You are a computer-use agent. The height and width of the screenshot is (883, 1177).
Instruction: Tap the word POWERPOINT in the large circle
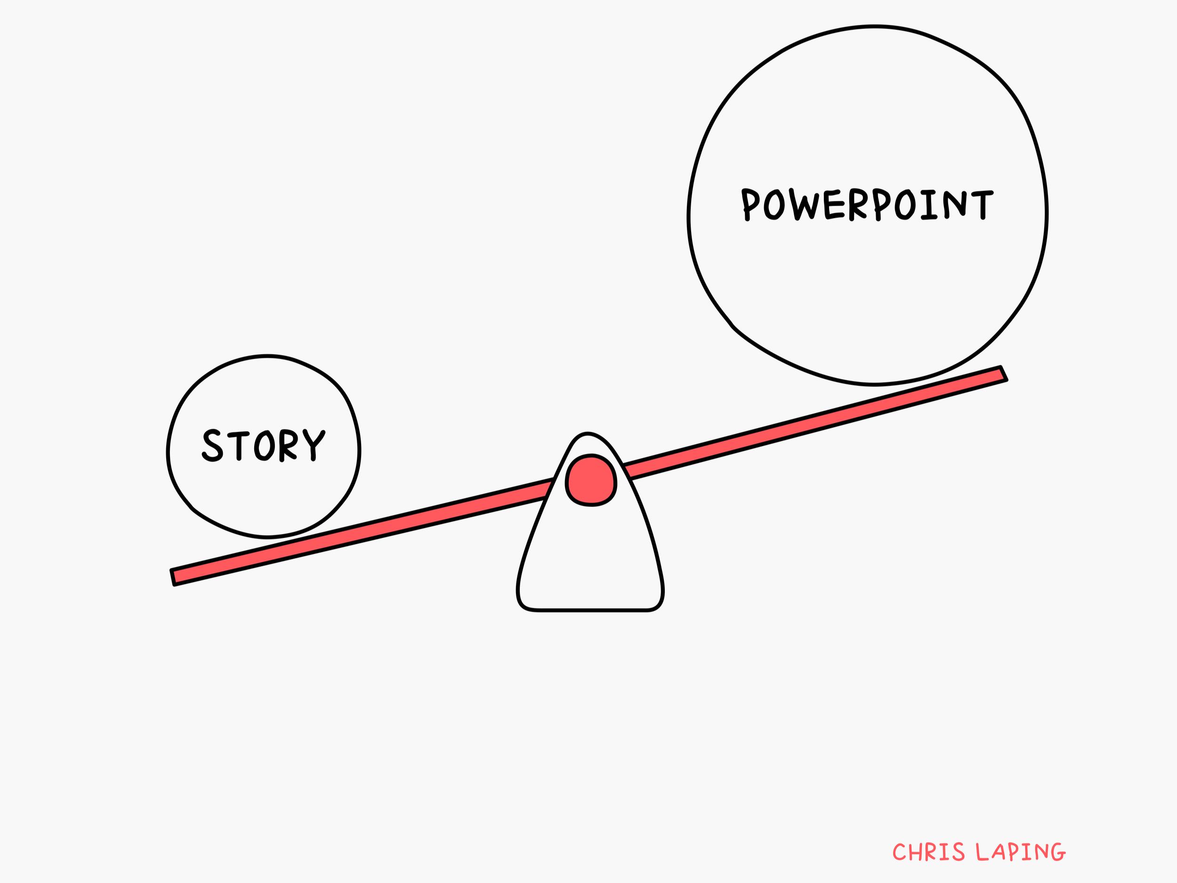click(867, 204)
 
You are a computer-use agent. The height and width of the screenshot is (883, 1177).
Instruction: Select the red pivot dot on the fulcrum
click(591, 480)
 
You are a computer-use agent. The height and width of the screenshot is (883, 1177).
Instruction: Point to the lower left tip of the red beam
click(173, 577)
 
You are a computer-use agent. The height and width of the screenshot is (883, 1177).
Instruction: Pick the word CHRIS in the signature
click(928, 852)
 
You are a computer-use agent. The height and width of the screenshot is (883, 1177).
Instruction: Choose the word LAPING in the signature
click(1021, 852)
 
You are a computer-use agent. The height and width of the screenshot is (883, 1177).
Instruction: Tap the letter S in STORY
click(212, 445)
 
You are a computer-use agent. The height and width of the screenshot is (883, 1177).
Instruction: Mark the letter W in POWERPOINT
click(805, 204)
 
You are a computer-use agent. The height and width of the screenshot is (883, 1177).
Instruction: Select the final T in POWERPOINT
click(982, 204)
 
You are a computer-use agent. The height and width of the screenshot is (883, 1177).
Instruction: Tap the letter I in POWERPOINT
click(929, 204)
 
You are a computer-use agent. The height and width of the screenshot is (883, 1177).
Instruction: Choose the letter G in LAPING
click(1058, 852)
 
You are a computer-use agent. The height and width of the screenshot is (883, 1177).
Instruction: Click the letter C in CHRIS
click(899, 852)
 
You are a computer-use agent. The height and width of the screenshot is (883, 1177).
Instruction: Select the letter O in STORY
click(265, 445)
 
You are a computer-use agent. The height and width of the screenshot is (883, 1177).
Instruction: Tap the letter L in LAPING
click(982, 852)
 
